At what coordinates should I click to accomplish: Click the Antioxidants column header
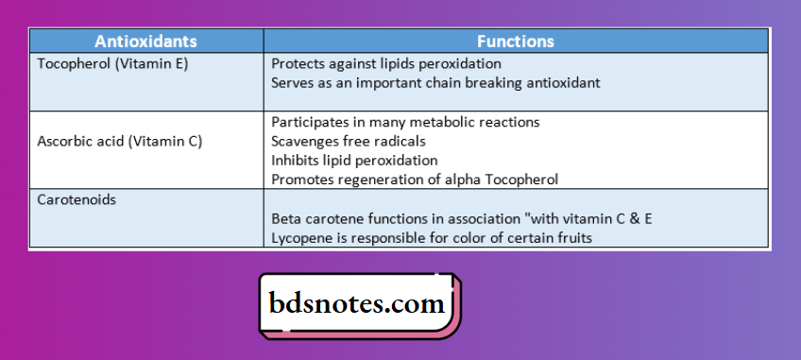(145, 42)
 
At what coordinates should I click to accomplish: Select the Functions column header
(515, 42)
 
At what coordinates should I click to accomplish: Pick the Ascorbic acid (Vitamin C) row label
(120, 142)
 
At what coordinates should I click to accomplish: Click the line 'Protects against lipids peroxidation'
(385, 64)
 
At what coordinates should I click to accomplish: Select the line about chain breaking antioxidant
(435, 83)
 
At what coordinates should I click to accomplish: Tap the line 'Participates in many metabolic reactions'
(404, 123)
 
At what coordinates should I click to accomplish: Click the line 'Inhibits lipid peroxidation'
(354, 161)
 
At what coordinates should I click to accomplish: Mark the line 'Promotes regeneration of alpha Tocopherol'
(415, 180)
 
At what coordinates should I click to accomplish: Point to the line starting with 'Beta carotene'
(461, 219)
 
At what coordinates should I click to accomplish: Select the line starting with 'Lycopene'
(431, 238)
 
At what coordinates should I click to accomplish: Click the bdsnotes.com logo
(359, 305)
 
